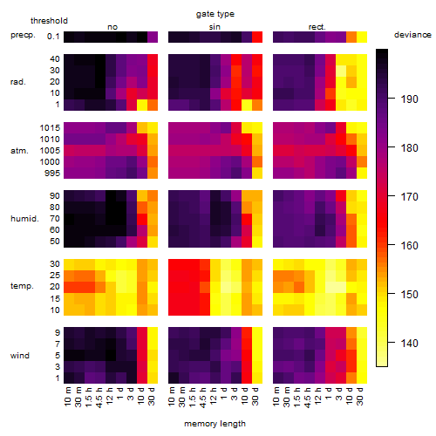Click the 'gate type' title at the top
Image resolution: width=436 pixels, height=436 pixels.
(215, 14)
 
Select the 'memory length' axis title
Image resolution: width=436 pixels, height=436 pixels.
(215, 424)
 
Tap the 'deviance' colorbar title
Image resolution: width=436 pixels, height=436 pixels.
(412, 35)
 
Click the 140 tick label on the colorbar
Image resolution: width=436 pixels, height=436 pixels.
(410, 344)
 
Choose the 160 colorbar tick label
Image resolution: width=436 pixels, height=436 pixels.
(410, 246)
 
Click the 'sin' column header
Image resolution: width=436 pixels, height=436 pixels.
(215, 27)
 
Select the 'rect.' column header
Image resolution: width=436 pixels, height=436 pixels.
(317, 27)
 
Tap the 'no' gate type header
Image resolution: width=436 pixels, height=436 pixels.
(112, 27)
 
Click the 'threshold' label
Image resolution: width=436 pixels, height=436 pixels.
(49, 21)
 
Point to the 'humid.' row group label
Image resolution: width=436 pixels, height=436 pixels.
(24, 219)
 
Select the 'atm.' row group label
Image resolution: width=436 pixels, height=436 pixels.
(19, 151)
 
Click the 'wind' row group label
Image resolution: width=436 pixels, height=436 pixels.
(20, 356)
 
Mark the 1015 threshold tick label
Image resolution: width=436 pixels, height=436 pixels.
(50, 128)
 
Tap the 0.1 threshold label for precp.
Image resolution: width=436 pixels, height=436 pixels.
(53, 37)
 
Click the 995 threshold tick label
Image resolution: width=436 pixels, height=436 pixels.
(52, 174)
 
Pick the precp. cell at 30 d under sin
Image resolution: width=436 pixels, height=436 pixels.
(257, 37)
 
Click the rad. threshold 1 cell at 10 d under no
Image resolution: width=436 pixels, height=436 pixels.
(142, 105)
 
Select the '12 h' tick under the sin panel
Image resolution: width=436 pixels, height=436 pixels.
(214, 396)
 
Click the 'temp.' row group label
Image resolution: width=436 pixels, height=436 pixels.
(22, 286)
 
